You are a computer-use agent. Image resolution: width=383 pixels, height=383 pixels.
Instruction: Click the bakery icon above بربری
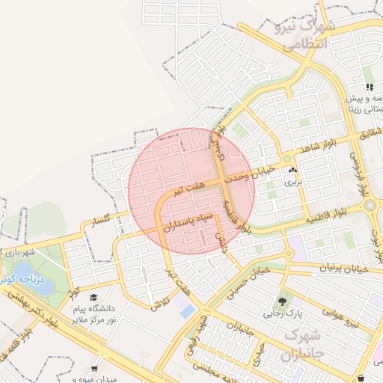pyautogui.click(x=291, y=171)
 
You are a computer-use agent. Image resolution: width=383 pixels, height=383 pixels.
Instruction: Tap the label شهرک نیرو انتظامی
pyautogui.click(x=306, y=36)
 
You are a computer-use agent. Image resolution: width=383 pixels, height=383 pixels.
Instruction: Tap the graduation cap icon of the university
pyautogui.click(x=94, y=297)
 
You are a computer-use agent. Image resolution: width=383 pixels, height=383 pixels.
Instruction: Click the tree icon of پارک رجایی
pyautogui.click(x=282, y=302)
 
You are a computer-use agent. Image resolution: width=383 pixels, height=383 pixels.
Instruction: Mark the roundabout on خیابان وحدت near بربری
pyautogui.click(x=287, y=159)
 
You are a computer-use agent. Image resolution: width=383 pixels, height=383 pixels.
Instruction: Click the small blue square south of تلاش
pyautogui.click(x=187, y=311)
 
